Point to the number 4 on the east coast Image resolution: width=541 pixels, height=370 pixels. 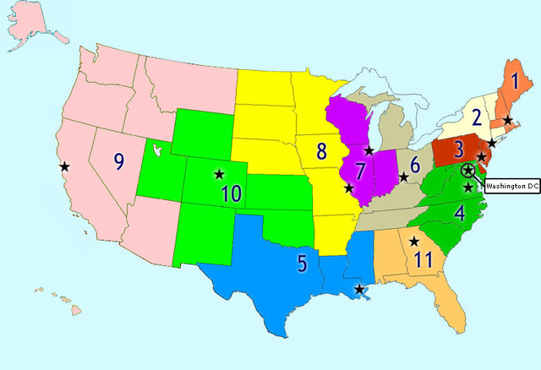pyautogui.click(x=459, y=212)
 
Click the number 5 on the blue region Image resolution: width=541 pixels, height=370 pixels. pyautogui.click(x=302, y=263)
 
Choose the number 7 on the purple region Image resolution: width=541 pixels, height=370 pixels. pyautogui.click(x=360, y=171)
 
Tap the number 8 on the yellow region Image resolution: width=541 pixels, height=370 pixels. pyautogui.click(x=321, y=152)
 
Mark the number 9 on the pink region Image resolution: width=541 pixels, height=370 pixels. pyautogui.click(x=119, y=158)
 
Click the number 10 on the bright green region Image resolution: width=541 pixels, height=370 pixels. pyautogui.click(x=231, y=193)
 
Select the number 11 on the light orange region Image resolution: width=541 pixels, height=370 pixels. pyautogui.click(x=424, y=259)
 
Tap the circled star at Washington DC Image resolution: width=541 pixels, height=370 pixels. pyautogui.click(x=468, y=170)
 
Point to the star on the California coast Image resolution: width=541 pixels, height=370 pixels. pyautogui.click(x=64, y=166)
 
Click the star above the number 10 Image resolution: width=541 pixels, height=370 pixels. pyautogui.click(x=220, y=174)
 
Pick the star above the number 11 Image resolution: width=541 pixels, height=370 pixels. pyautogui.click(x=413, y=242)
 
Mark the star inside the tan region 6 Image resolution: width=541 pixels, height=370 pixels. pyautogui.click(x=403, y=177)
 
